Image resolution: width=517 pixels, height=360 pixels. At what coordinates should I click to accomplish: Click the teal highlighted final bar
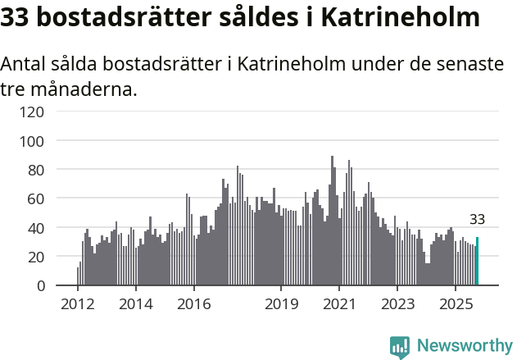click(477, 262)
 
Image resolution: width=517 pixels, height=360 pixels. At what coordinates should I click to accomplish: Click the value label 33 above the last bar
click(477, 220)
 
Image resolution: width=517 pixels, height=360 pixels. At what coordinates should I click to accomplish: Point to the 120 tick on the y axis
click(32, 112)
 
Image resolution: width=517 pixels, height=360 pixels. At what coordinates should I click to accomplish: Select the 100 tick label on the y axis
click(32, 141)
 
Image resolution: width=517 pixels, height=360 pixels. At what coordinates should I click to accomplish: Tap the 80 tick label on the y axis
click(35, 170)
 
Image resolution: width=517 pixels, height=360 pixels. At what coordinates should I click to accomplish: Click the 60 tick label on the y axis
click(35, 198)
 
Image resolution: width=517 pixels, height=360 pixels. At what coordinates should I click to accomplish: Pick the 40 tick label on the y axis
click(35, 227)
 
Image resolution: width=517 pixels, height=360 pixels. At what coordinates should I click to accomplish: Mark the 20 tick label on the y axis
click(35, 257)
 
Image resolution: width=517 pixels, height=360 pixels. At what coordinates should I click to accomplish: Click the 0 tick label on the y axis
click(39, 285)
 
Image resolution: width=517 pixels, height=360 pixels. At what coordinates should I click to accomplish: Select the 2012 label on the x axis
click(78, 305)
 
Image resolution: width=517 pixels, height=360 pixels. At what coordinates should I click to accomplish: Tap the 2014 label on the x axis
click(136, 305)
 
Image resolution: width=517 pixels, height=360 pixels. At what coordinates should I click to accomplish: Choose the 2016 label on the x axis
click(193, 305)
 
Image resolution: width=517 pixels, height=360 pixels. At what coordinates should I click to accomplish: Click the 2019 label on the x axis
click(281, 305)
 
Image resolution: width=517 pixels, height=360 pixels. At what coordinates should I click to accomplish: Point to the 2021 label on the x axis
click(339, 305)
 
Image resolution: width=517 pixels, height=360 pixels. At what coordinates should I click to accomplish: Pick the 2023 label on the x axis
click(397, 305)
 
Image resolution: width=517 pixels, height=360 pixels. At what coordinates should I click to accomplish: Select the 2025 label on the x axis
click(456, 305)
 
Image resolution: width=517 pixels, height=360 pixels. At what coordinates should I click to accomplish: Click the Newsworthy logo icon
click(400, 347)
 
